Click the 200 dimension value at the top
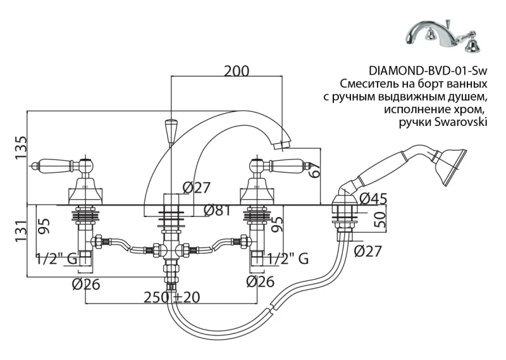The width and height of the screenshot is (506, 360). coord(237,71)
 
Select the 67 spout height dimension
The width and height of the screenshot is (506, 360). coord(316,170)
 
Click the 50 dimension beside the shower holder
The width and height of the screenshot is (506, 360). coord(381,221)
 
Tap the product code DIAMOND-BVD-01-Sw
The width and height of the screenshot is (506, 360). coord(428,70)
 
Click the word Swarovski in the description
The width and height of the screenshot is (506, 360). coord(460,123)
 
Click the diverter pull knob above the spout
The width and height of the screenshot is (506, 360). coord(170,131)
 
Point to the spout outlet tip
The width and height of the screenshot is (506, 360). coord(281,147)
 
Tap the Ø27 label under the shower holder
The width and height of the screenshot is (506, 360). coord(368,252)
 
